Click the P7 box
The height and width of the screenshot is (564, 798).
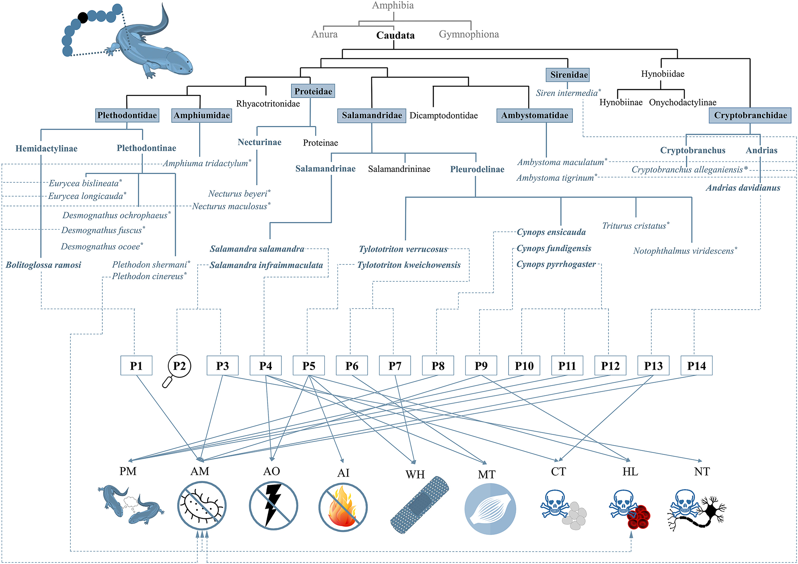pyautogui.click(x=395, y=366)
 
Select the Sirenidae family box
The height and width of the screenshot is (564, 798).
pyautogui.click(x=569, y=75)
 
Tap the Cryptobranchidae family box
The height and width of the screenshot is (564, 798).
pyautogui.click(x=750, y=116)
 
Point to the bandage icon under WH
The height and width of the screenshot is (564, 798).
pyautogui.click(x=419, y=505)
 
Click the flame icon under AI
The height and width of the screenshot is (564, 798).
pyautogui.click(x=342, y=507)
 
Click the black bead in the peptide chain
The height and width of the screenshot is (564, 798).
pyautogui.click(x=83, y=18)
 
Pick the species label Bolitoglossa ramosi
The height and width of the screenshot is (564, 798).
pyautogui.click(x=43, y=265)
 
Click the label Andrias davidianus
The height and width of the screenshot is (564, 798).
pyautogui.click(x=743, y=188)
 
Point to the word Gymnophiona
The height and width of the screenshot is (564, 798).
pyautogui.click(x=469, y=34)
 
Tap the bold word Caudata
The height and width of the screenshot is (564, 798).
pyautogui.click(x=395, y=35)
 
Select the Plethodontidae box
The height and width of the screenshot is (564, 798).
pyautogui.click(x=127, y=116)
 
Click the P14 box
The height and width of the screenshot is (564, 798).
pyautogui.click(x=696, y=366)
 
